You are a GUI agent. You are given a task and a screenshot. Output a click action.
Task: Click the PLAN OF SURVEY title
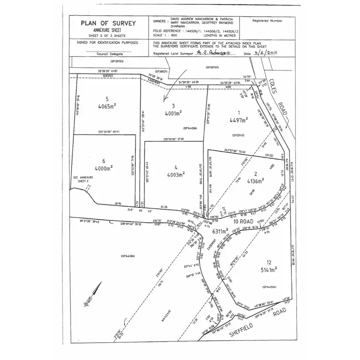pyautogui.click(x=108, y=23)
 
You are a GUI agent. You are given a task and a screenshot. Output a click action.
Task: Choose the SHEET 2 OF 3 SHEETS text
pyautogui.click(x=108, y=34)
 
